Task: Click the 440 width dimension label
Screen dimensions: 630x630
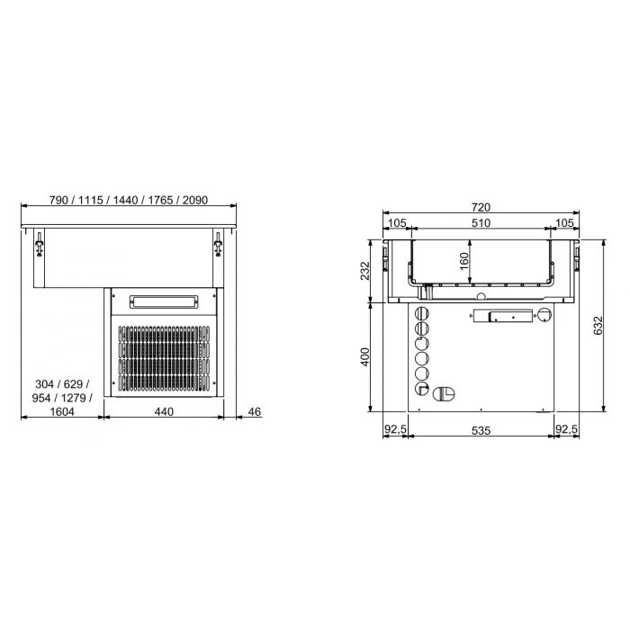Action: (162, 411)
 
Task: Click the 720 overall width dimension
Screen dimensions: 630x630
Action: (481, 207)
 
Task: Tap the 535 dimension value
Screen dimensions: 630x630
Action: (481, 431)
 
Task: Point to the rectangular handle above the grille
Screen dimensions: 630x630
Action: (164, 301)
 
